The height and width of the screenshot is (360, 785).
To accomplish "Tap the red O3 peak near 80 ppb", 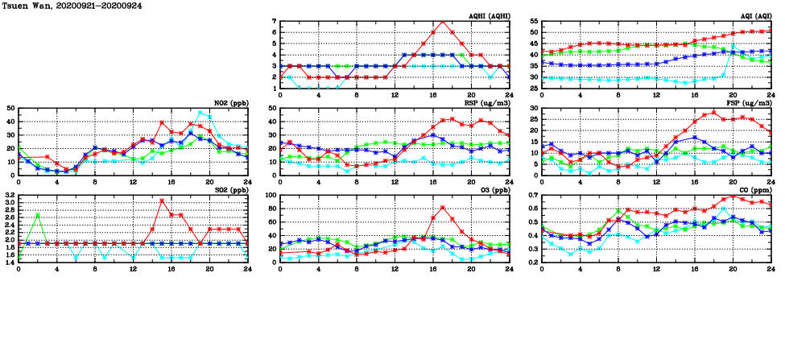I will tap(442, 208).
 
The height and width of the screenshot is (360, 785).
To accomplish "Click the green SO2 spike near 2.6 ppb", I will tap(38, 214).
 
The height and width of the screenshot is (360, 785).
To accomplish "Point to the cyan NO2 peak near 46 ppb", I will tap(200, 113).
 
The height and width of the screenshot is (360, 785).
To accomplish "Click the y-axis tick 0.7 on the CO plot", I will tap(532, 195).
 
